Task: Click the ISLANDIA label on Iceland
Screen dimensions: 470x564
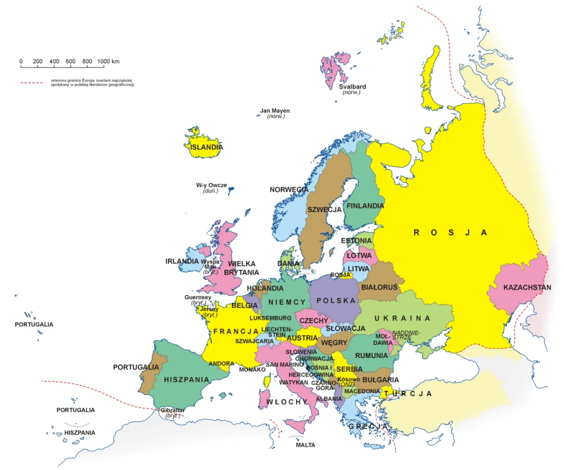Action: (206, 147)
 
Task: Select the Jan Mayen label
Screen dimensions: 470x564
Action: (275, 111)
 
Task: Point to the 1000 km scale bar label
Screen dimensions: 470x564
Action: (109, 62)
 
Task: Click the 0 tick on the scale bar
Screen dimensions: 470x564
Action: (21, 62)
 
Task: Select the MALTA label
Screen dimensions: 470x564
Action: (305, 445)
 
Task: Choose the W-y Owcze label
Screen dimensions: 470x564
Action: (211, 185)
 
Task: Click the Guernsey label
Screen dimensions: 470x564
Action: (198, 297)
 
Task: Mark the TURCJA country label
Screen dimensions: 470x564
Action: (407, 394)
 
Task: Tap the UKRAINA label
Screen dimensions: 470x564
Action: (402, 319)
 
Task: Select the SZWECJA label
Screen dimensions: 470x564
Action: (324, 209)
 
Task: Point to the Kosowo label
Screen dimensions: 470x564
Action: (348, 379)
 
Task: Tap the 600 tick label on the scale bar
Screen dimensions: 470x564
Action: (70, 62)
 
